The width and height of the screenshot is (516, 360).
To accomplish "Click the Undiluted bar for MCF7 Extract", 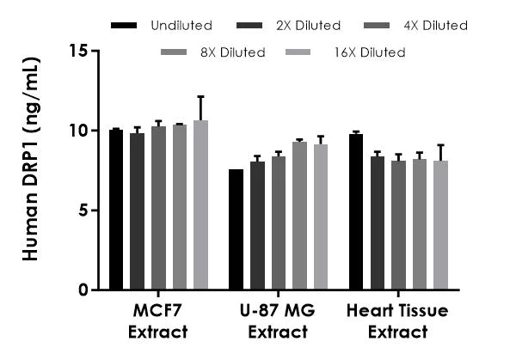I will [x=116, y=211].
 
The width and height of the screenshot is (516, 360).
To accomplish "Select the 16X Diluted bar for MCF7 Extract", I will [x=200, y=205].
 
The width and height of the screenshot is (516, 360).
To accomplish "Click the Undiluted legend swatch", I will [x=126, y=26].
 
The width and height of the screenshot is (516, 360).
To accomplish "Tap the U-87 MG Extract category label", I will [x=277, y=321].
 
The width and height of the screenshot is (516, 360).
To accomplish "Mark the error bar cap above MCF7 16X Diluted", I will [x=200, y=97].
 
